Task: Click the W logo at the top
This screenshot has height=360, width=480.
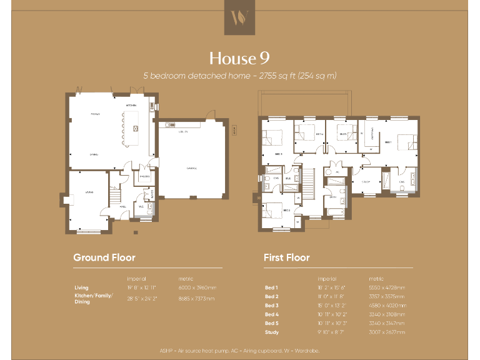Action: (x=240, y=17)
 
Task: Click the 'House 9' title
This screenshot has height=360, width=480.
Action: (x=240, y=58)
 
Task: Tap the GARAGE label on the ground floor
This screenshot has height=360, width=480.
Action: (x=191, y=168)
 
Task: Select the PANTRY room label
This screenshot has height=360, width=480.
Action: (x=144, y=177)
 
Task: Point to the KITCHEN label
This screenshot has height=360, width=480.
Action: (x=131, y=106)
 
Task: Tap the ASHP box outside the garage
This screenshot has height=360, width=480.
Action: (x=234, y=131)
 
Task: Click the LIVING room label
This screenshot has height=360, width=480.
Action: (x=89, y=193)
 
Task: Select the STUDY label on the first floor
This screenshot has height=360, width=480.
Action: (x=366, y=181)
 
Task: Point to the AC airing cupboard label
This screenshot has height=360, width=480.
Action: (x=337, y=171)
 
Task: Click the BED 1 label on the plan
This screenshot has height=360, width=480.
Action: (x=387, y=142)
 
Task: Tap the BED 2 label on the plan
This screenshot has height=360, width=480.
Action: (x=286, y=211)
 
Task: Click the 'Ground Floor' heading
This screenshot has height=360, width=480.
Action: (x=104, y=257)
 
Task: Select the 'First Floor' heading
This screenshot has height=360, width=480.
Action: (x=287, y=257)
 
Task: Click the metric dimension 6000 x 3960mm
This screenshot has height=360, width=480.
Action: (x=197, y=287)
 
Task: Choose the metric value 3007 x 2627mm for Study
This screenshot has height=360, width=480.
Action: (x=387, y=331)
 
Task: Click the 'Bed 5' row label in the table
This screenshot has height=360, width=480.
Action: (x=271, y=322)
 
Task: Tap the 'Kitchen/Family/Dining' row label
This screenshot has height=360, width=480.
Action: (x=94, y=299)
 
